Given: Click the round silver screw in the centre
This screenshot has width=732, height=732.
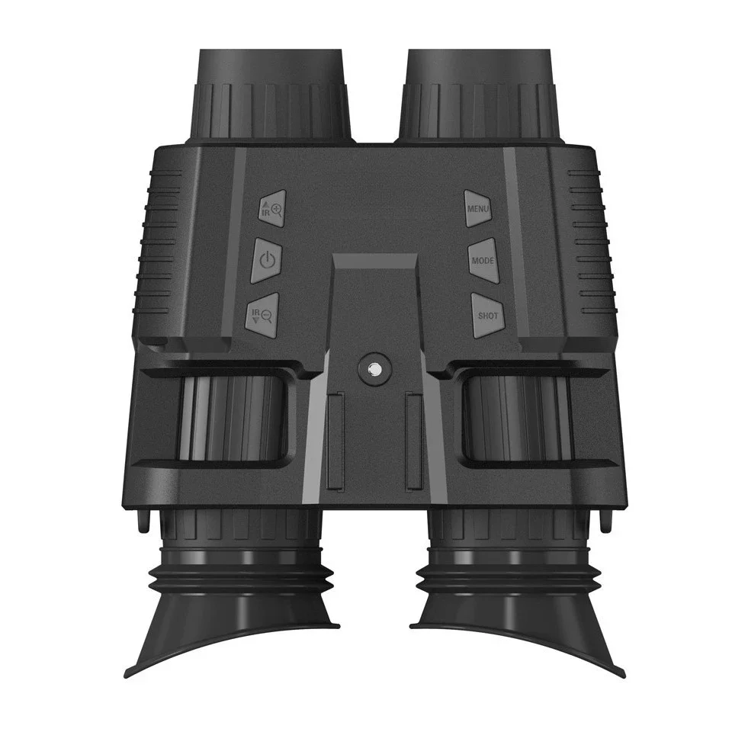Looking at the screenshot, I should tap(373, 370).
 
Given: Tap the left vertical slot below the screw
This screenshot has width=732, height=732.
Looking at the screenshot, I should tap(333, 442).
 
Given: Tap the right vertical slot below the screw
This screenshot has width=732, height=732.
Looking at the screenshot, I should tap(414, 442).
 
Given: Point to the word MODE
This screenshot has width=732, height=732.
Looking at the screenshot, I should tap(483, 261).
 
